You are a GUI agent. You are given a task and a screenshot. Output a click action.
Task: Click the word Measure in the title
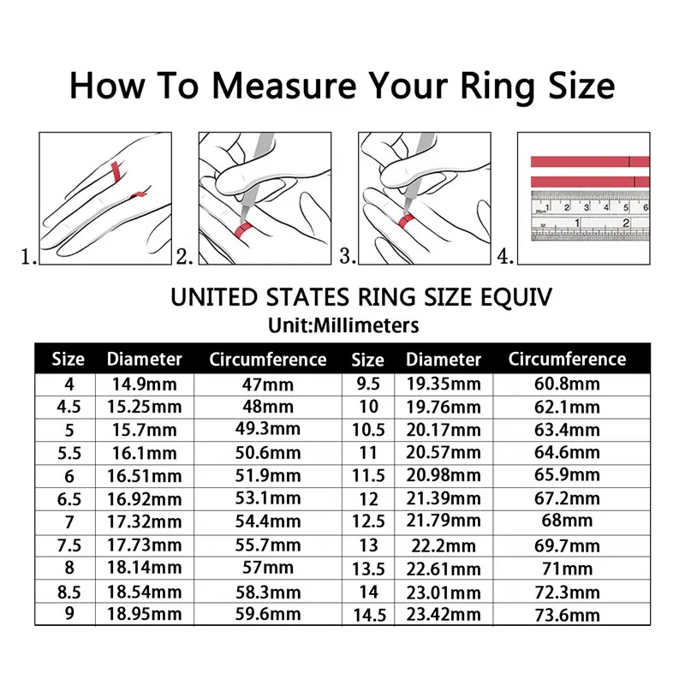[283, 87]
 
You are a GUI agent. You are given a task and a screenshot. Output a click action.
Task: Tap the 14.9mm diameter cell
[143, 384]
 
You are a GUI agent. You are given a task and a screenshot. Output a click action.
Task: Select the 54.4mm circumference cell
[267, 521]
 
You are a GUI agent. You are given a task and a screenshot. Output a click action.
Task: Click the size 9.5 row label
[368, 384]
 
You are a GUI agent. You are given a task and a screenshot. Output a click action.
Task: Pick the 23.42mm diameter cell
[444, 614]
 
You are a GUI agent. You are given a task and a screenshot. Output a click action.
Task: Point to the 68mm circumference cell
[567, 521]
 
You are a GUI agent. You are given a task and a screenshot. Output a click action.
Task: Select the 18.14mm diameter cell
[143, 568]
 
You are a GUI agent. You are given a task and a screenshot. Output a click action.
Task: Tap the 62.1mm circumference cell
[567, 407]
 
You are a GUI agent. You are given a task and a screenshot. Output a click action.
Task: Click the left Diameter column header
[144, 360]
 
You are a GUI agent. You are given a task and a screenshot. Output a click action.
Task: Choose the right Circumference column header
[567, 360]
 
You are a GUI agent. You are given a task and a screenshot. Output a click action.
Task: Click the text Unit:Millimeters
[342, 325]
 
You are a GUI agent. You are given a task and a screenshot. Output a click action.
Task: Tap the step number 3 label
[347, 255]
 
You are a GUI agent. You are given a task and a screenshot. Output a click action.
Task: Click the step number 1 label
[28, 255]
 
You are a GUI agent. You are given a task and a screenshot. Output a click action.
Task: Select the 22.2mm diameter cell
[444, 545]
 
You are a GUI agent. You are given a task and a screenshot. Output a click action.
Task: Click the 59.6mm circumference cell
[267, 614]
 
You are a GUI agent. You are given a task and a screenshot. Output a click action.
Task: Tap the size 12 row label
[368, 498]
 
